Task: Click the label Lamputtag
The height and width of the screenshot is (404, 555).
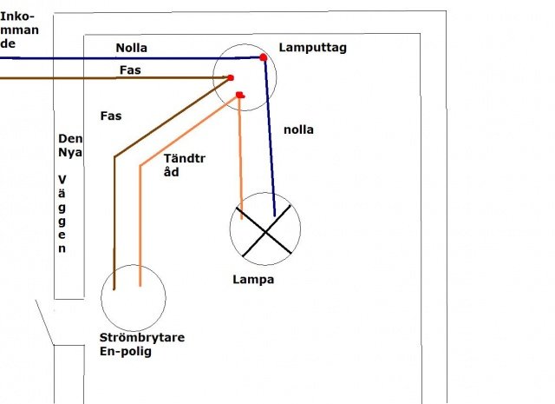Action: (x=312, y=48)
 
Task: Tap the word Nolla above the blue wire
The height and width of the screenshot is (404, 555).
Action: (x=131, y=48)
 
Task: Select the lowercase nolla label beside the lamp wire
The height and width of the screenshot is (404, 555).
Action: (x=298, y=129)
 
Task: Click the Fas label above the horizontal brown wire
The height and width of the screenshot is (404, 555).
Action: (x=130, y=70)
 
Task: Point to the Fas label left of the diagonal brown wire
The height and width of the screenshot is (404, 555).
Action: (x=111, y=116)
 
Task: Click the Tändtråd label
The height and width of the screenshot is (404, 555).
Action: (x=184, y=165)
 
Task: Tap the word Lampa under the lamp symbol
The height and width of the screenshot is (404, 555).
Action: (x=253, y=280)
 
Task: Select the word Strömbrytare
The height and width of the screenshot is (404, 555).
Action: (x=142, y=337)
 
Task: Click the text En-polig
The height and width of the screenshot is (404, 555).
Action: (x=125, y=351)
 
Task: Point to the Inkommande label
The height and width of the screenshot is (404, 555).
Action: (x=19, y=30)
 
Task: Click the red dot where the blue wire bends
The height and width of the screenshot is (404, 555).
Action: (x=263, y=57)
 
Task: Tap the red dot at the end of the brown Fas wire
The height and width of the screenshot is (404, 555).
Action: (x=231, y=77)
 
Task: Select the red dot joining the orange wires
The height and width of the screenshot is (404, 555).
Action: (x=239, y=95)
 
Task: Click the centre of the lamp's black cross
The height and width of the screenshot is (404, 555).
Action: (x=265, y=232)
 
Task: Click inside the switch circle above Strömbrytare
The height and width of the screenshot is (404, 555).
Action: (x=134, y=298)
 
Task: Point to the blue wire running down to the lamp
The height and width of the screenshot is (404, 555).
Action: (x=270, y=136)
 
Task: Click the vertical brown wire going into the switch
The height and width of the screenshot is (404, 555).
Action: (x=114, y=223)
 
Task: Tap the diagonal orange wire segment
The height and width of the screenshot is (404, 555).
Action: (x=189, y=130)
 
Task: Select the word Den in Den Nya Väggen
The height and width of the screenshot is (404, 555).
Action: (x=70, y=138)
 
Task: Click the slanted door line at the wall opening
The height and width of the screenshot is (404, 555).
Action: (x=44, y=322)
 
